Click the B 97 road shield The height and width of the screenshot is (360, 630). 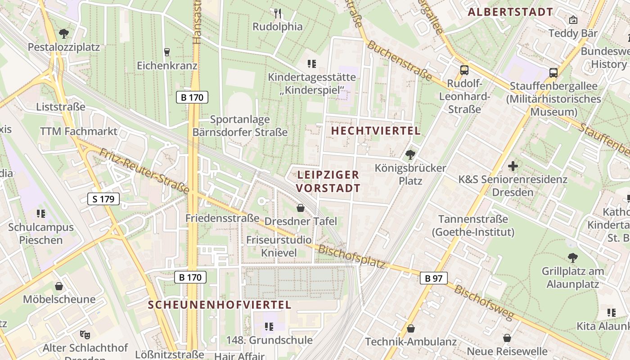point(434,278)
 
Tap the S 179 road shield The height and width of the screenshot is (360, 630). point(103,199)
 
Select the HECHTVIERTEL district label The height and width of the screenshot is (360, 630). point(376,131)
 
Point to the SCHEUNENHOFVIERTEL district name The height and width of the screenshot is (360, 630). point(220,305)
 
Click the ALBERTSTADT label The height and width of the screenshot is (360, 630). point(510,12)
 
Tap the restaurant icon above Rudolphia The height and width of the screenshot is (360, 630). point(278,13)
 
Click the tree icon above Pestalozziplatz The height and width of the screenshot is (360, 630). point(64,33)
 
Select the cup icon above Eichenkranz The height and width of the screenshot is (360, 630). point(167,52)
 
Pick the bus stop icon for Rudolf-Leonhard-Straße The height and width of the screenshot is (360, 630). point(464,70)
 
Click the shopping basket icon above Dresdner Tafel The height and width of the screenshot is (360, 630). point(301,208)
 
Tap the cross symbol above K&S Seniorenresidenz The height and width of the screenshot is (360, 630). point(513,166)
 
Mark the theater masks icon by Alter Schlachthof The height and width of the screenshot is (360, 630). point(84,334)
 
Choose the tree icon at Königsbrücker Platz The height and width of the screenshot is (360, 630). point(410,155)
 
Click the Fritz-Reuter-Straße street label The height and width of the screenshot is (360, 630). point(144,171)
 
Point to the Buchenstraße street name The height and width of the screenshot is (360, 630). point(401,63)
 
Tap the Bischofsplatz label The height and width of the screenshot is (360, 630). point(351,257)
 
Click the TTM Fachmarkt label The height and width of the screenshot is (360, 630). point(79,131)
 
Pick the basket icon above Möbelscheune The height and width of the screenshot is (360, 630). point(59,286)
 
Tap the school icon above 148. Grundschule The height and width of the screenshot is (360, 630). point(269,326)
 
